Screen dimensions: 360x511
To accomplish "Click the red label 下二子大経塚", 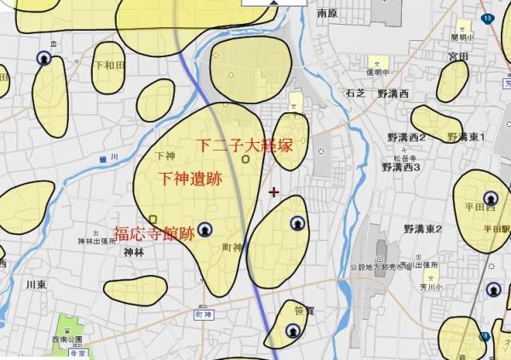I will click(x=244, y=146).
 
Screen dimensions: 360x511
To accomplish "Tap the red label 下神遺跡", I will click(x=191, y=179).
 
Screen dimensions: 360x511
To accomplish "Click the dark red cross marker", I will click(x=273, y=191).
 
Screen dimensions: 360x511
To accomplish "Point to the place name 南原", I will click(x=328, y=14).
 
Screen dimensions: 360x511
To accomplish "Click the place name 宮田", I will click(x=457, y=56).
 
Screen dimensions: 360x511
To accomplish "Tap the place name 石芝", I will click(x=354, y=94).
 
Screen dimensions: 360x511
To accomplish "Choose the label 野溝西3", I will click(x=401, y=168).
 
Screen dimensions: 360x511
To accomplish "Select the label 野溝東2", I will click(x=422, y=230).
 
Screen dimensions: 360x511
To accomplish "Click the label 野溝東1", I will click(x=465, y=137).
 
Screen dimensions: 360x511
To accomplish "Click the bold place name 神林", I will click(x=134, y=253).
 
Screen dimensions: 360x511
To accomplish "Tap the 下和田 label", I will click(x=109, y=66).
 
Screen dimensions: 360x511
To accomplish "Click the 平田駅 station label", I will click(x=496, y=229).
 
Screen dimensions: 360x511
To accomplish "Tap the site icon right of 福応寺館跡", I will click(x=205, y=230).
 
